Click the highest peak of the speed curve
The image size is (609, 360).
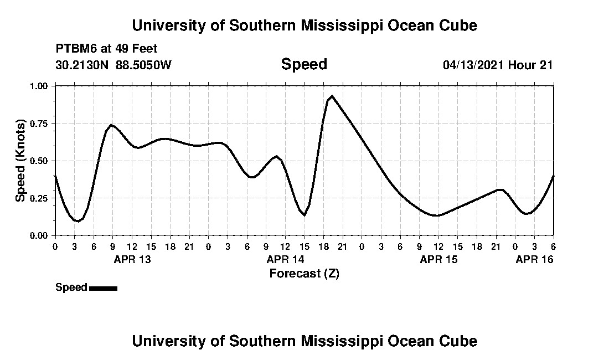(332, 96)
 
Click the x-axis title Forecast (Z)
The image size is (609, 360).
(304, 273)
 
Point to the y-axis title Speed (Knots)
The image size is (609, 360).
(20, 161)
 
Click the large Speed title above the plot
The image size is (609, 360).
(304, 64)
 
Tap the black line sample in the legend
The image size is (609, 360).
(103, 288)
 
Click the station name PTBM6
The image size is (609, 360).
(75, 49)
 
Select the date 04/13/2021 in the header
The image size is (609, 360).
(473, 65)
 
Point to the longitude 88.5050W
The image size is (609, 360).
(144, 65)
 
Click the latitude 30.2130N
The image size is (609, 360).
(83, 65)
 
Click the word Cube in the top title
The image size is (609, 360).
(458, 25)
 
